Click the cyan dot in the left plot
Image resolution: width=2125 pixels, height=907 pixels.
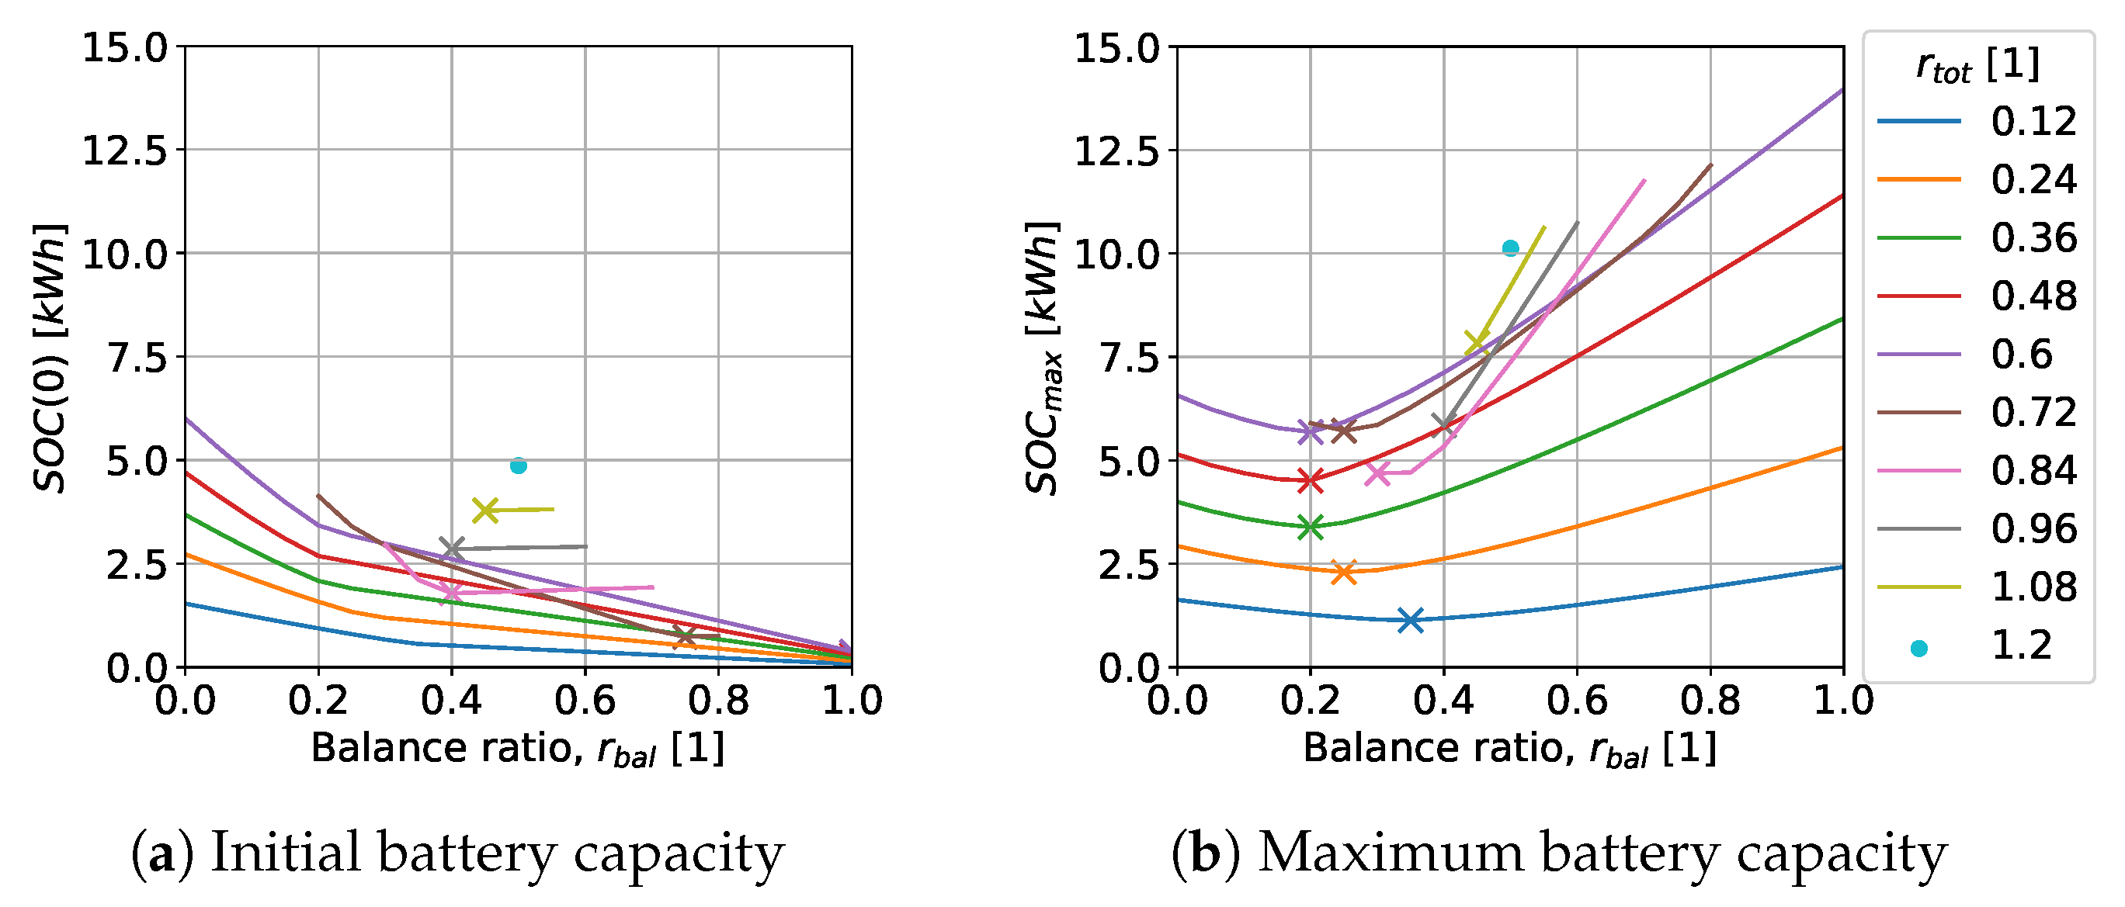point(518,466)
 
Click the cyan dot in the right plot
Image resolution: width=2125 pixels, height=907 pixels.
point(1510,248)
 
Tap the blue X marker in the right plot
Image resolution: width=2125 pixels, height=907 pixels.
point(1411,620)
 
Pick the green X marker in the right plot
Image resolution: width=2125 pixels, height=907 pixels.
point(1310,526)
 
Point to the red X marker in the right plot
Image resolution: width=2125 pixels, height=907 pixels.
point(1310,480)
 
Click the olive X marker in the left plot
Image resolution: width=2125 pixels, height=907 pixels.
point(485,511)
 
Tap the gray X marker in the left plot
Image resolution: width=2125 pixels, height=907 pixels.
point(451,549)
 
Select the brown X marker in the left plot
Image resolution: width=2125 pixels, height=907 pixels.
point(684,636)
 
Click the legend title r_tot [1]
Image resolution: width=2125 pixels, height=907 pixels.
point(1977,65)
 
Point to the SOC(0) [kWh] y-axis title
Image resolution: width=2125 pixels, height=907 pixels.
point(50,357)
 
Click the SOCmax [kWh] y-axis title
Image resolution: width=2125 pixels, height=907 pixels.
point(1042,357)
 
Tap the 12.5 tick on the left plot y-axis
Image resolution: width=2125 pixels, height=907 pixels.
point(123,151)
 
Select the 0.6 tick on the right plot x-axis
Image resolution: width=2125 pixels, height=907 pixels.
point(1576,701)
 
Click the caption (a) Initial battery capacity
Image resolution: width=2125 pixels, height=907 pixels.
point(457,853)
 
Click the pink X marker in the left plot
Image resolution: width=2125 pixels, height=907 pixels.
point(450,591)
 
